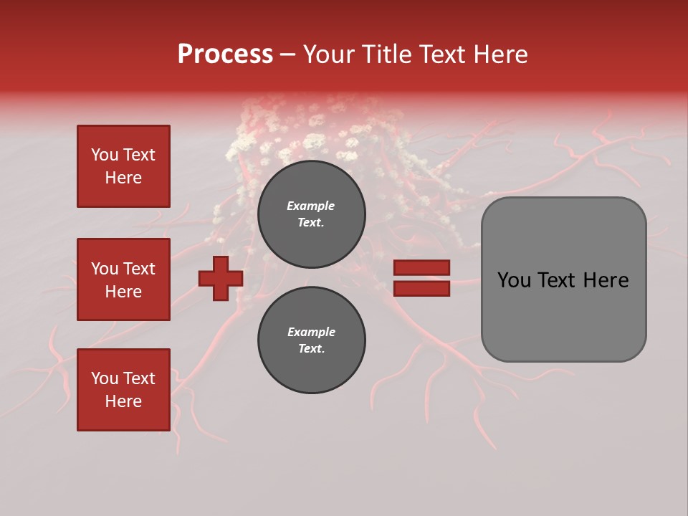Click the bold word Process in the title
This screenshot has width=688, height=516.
225,54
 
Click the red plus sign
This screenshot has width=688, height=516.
221,279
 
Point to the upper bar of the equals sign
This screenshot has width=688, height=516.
421,268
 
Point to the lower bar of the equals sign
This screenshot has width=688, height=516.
421,289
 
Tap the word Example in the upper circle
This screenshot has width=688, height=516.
311,206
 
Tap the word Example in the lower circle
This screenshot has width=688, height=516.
311,332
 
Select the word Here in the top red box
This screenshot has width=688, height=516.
123,178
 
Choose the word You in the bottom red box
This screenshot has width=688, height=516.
105,378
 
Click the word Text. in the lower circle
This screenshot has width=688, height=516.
311,349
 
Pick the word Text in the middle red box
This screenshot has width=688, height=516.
139,269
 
